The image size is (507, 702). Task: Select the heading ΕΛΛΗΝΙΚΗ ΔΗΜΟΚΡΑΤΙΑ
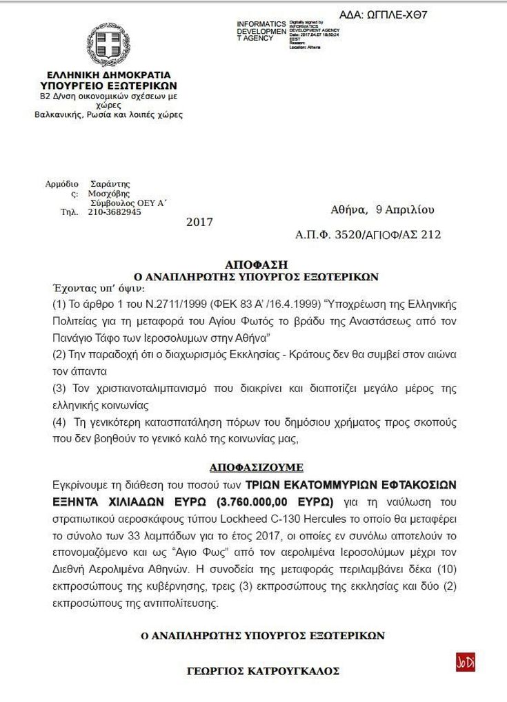click(x=108, y=74)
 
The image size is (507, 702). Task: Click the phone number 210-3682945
click(x=115, y=212)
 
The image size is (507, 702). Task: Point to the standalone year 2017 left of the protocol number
click(x=199, y=222)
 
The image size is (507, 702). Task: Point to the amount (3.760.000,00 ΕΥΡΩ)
click(x=274, y=500)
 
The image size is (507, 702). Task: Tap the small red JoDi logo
click(x=466, y=662)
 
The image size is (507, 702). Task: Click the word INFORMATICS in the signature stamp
click(x=261, y=24)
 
